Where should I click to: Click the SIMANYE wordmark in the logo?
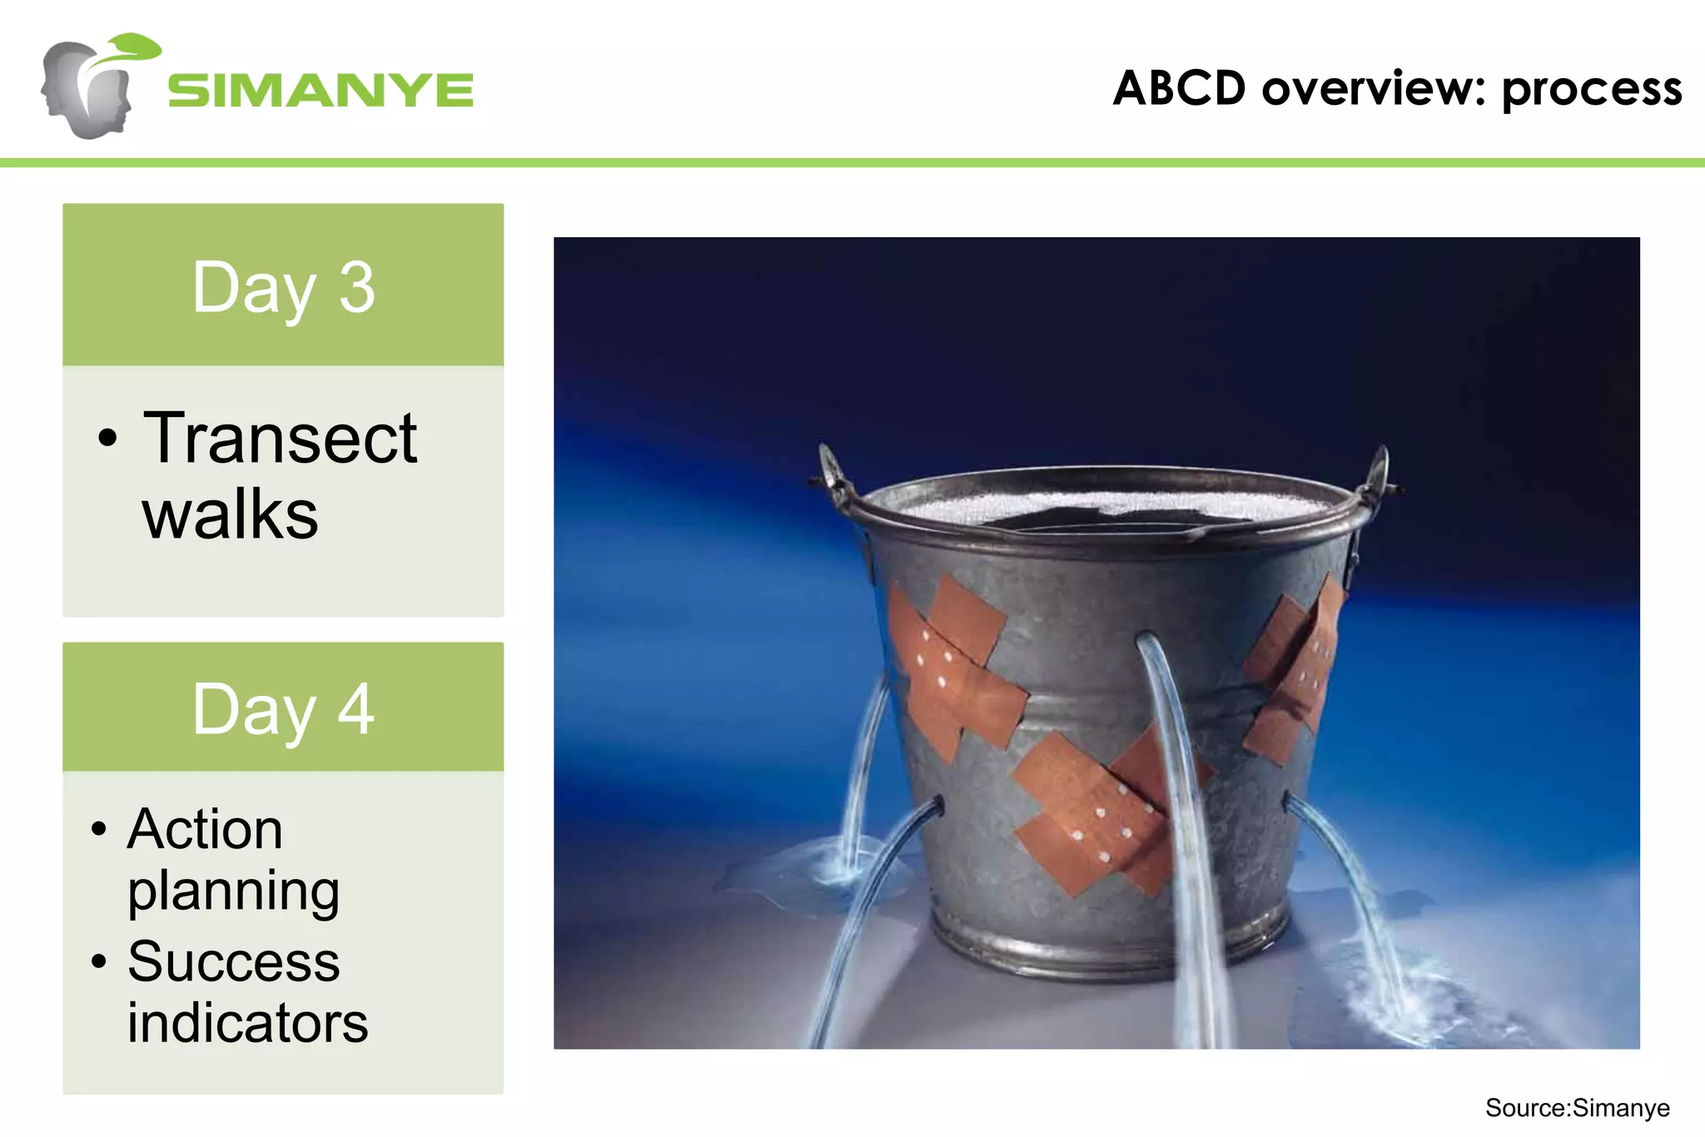tap(321, 90)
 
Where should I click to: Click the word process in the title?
tap(1591, 90)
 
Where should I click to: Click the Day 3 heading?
tap(283, 287)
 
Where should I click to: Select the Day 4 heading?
tap(283, 709)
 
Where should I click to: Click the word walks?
tap(230, 514)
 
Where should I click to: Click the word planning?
tap(233, 891)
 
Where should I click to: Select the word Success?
tap(233, 961)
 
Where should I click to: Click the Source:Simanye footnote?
tap(1577, 1108)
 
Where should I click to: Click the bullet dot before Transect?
tap(107, 438)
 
